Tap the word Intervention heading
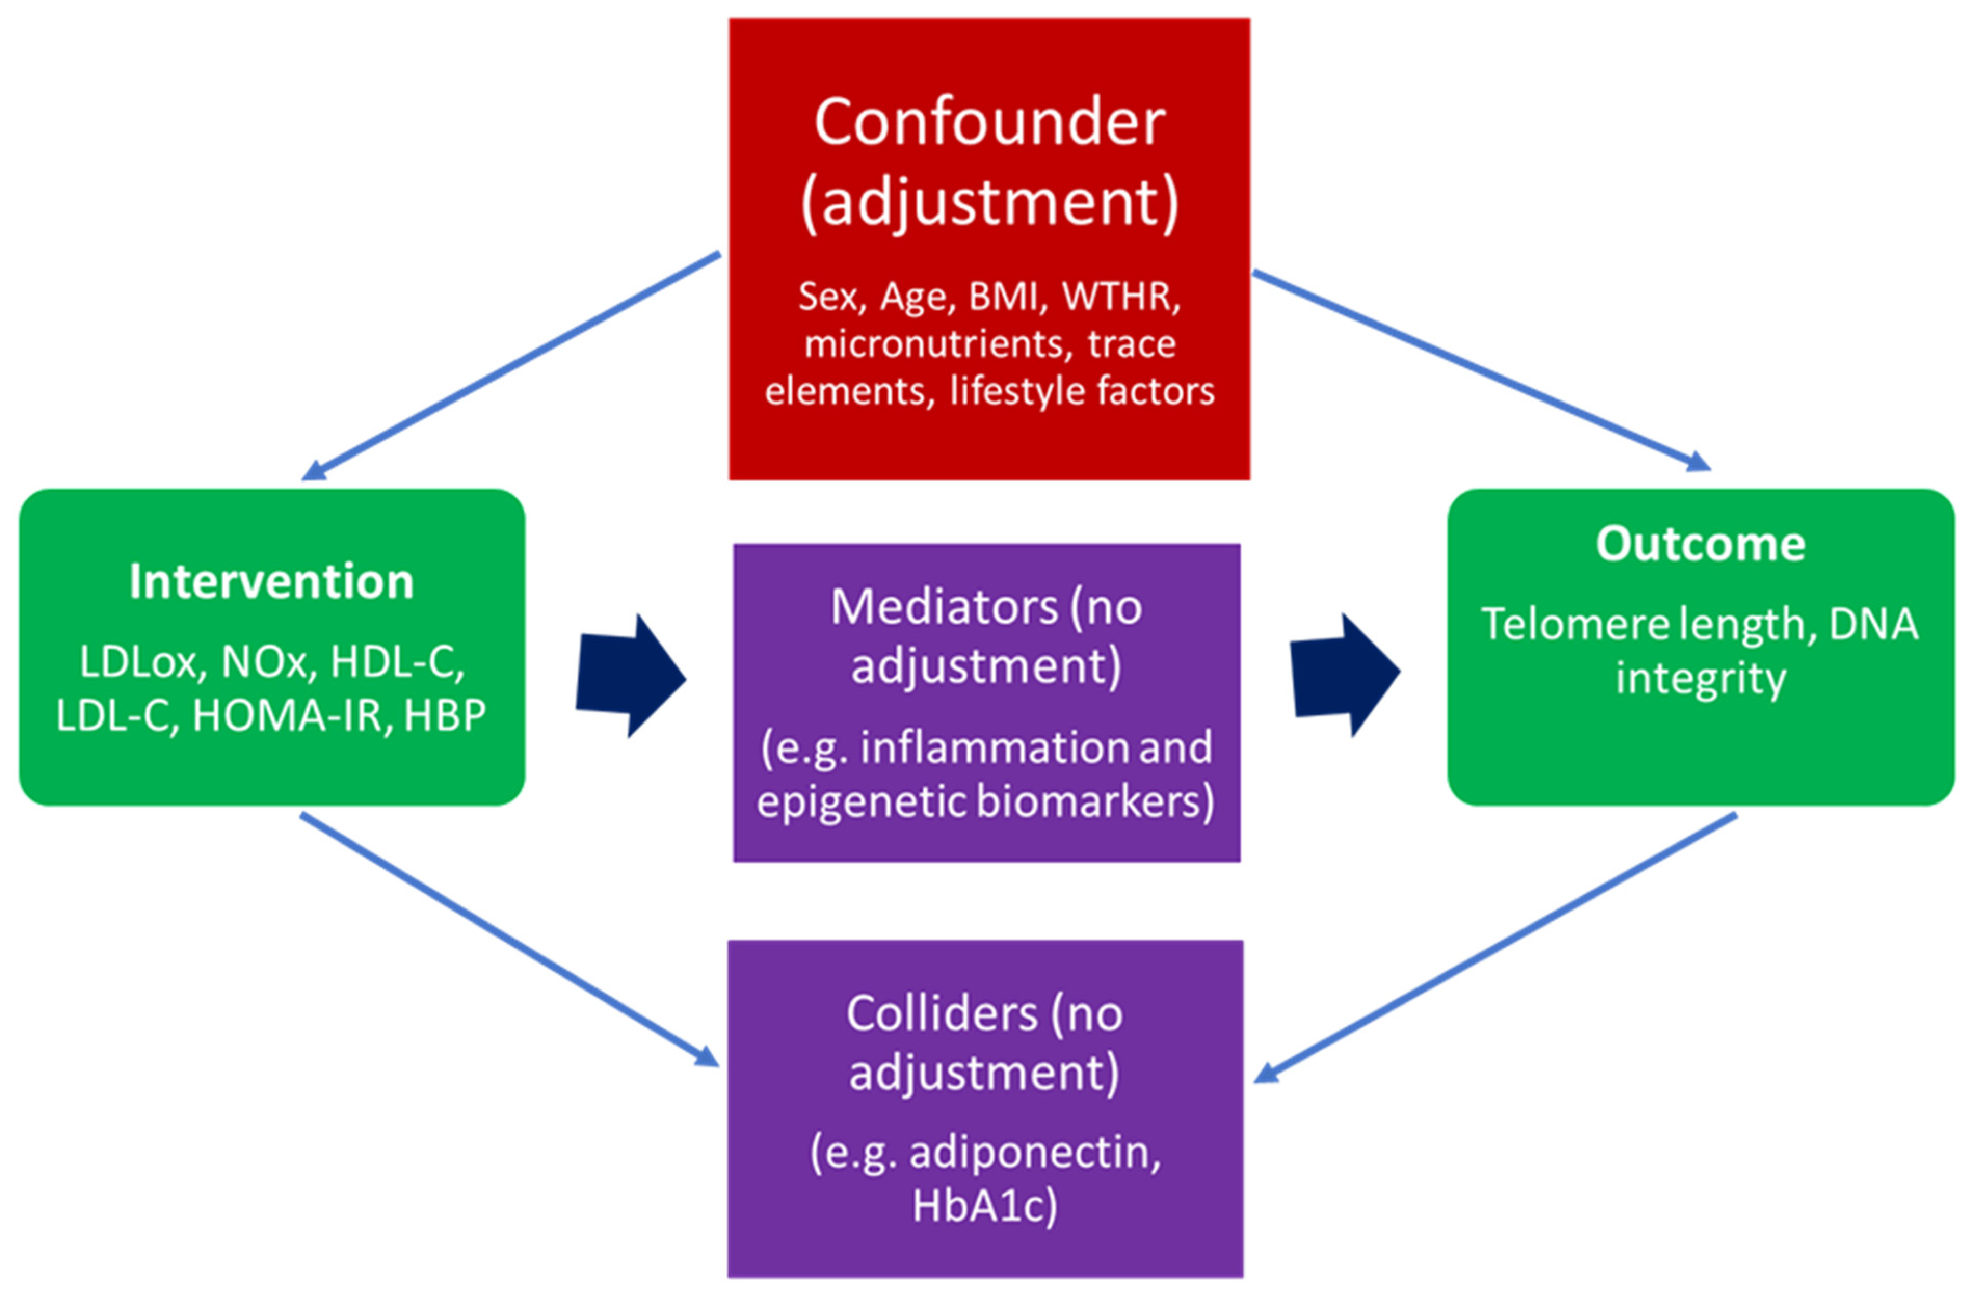tap(271, 581)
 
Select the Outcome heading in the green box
tap(1700, 544)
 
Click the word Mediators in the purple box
tap(944, 608)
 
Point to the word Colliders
tap(941, 1014)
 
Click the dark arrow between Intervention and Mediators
tap(630, 676)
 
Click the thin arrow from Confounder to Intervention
tap(510, 366)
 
